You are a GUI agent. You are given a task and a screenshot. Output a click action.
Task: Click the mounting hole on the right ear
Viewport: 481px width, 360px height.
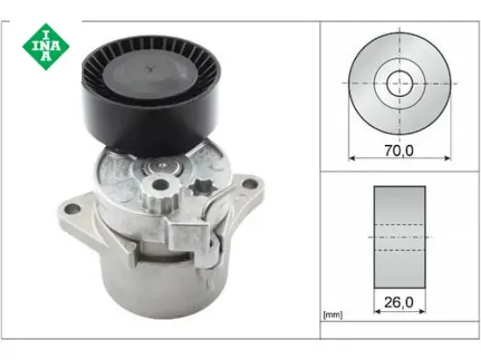[x=254, y=184]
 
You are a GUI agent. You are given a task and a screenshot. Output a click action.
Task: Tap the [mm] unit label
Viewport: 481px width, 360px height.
[x=333, y=313]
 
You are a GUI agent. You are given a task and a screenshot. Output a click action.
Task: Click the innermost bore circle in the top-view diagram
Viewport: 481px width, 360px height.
[x=400, y=83]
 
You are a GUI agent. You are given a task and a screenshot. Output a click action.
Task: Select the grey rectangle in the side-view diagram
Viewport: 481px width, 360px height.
[x=399, y=236]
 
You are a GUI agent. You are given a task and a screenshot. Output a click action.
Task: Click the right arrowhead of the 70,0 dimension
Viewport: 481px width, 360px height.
[x=448, y=159]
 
